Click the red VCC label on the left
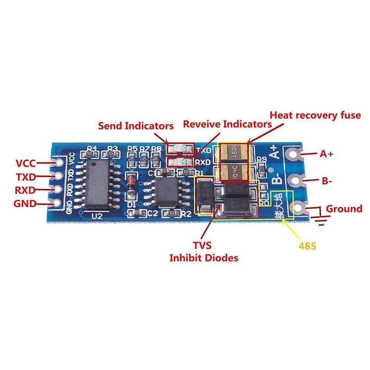pyautogui.click(x=26, y=163)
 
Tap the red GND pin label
pyautogui.click(x=25, y=203)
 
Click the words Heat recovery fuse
pyautogui.click(x=315, y=115)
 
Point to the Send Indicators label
pyautogui.click(x=136, y=126)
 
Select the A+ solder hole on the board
pyautogui.click(x=296, y=153)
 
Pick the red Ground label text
pyautogui.click(x=344, y=209)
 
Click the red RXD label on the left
pyautogui.click(x=25, y=190)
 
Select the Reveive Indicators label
pyautogui.click(x=228, y=124)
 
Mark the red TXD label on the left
pyautogui.click(x=26, y=177)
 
